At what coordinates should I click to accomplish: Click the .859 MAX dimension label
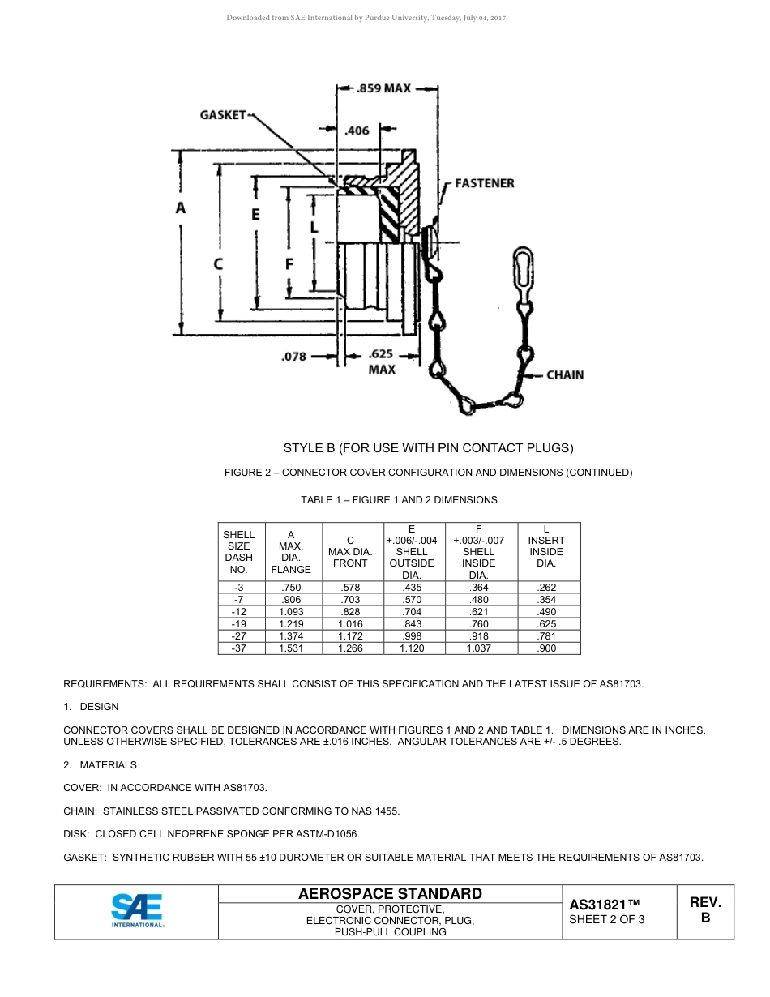click(x=384, y=88)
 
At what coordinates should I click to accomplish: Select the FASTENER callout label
click(x=484, y=183)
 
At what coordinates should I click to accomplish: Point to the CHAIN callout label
click(x=565, y=374)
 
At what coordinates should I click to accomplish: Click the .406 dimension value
click(x=357, y=130)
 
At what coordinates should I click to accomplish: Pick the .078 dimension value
click(x=293, y=356)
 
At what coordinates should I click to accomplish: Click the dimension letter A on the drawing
click(x=181, y=208)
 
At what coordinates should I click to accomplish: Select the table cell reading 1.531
click(x=291, y=648)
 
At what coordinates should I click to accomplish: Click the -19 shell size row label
click(x=238, y=624)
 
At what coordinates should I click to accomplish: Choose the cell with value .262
click(x=546, y=588)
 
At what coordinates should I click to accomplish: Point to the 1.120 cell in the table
click(x=412, y=648)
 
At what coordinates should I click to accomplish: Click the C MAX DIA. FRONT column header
click(x=350, y=551)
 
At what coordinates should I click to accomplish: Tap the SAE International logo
click(x=137, y=911)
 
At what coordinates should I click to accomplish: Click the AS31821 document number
click(x=605, y=905)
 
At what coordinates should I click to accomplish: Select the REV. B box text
click(x=705, y=910)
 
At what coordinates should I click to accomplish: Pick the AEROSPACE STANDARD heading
click(x=390, y=894)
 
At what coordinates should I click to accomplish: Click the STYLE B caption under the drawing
click(x=428, y=447)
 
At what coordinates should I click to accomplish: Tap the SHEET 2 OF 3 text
click(x=607, y=919)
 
